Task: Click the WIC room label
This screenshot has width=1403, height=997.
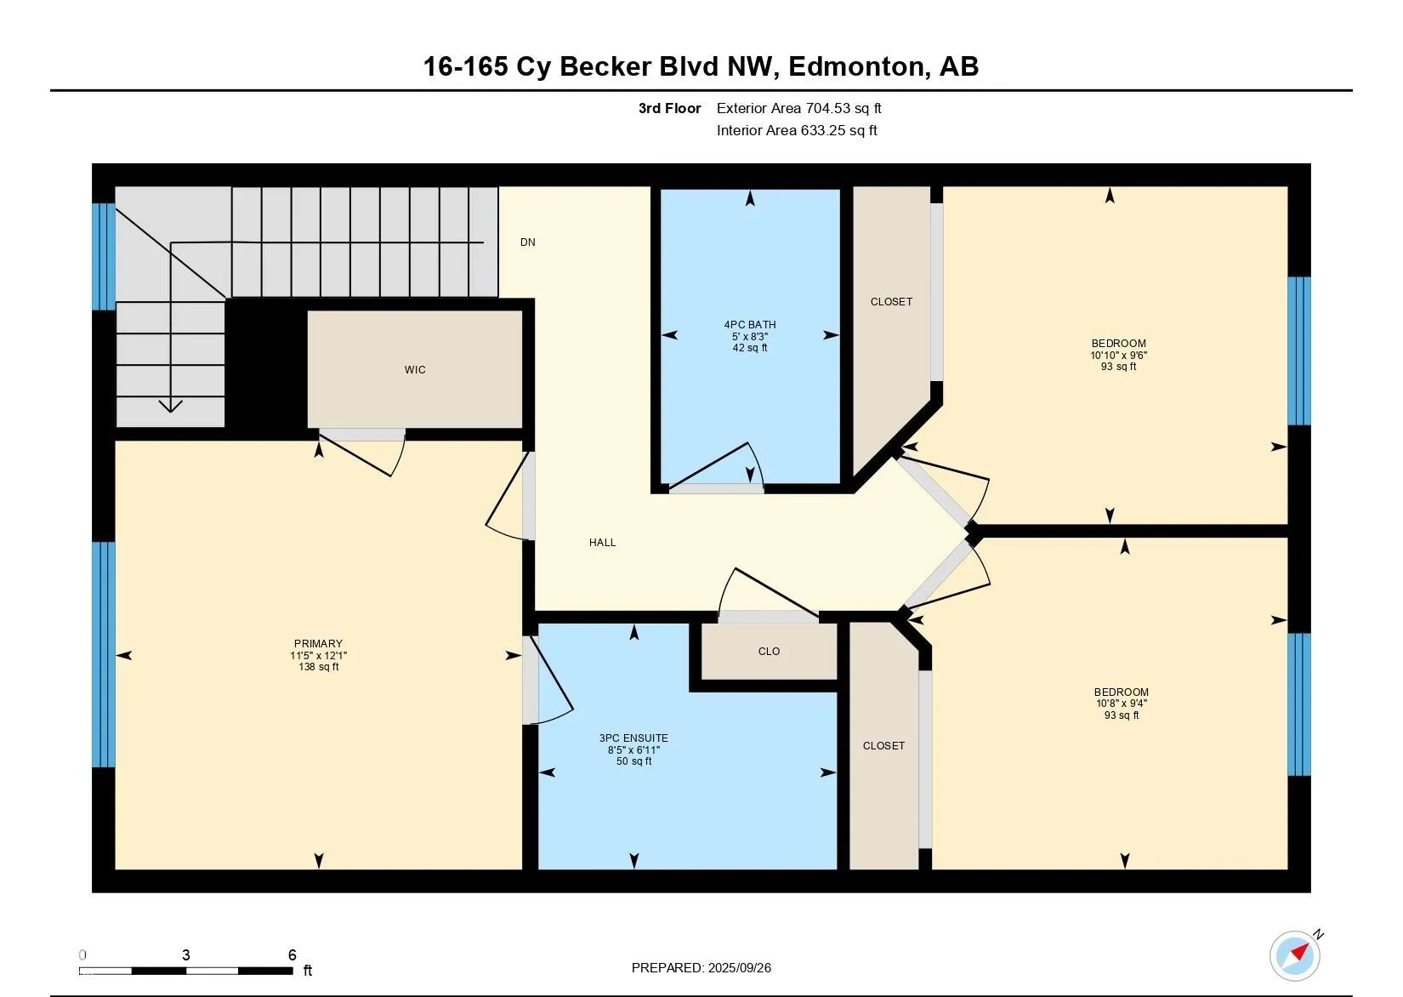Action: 415,370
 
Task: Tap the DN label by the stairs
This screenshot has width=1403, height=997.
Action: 527,242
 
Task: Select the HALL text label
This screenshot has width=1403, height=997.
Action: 603,543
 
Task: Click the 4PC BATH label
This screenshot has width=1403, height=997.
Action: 750,325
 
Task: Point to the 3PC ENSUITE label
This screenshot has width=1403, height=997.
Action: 633,738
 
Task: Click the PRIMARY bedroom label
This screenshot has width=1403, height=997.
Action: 318,644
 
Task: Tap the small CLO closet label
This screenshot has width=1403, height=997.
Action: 770,651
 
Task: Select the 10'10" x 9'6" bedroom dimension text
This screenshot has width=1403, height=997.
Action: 1119,355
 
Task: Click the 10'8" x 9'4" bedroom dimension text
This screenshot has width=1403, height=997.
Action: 1122,704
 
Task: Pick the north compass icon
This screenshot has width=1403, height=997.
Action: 1295,955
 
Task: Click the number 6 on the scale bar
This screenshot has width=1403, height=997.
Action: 292,954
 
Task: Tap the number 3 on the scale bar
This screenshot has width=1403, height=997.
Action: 186,954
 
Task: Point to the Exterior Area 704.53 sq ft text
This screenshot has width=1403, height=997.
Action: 798,108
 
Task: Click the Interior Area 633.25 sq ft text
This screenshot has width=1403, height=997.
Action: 797,130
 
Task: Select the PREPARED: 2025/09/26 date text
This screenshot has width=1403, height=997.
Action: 701,967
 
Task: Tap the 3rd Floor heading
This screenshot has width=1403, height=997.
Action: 669,108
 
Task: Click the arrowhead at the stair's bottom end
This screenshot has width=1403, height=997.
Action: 170,406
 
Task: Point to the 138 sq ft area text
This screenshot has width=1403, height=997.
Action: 318,667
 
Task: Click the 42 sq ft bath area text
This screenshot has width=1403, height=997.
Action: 750,348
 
